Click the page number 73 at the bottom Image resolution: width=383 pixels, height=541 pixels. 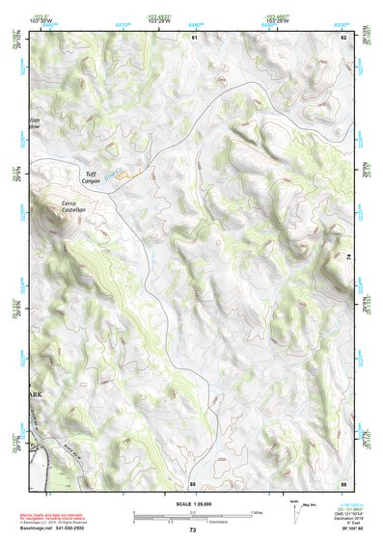coord(192,530)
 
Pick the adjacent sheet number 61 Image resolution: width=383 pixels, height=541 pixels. coord(193,37)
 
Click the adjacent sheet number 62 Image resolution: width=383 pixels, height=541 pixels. coord(342,37)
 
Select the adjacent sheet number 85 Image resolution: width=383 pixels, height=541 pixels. coord(193,481)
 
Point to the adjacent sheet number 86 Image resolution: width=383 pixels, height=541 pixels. coord(342,481)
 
